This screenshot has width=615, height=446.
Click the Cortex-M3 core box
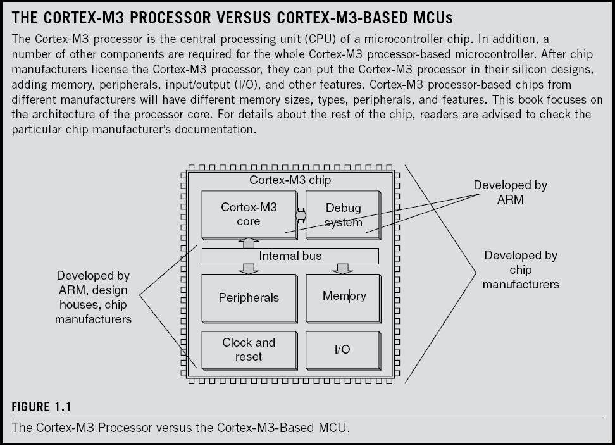248,214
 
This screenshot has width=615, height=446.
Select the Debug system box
343,214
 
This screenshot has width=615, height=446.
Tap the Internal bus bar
290,256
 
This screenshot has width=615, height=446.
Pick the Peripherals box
248,297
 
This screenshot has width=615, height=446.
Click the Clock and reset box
248,349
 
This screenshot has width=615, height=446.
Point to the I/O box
342,349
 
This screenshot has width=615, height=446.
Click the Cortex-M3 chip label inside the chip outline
290,180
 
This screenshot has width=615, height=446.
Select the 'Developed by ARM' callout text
510,192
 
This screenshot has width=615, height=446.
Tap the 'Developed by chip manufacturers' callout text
521,270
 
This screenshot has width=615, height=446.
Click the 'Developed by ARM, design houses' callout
93,297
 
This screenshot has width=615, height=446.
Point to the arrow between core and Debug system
300,215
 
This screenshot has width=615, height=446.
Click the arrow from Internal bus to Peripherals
248,269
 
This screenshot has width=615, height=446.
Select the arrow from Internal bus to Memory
343,269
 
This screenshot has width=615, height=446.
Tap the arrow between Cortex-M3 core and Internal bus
248,244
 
